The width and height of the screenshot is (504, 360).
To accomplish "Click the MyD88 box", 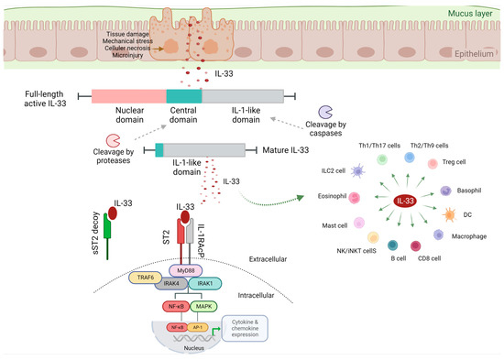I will tap(185, 271).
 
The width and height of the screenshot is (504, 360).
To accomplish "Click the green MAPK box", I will tap(203, 306).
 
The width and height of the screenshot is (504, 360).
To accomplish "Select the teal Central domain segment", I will tap(183, 96).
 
